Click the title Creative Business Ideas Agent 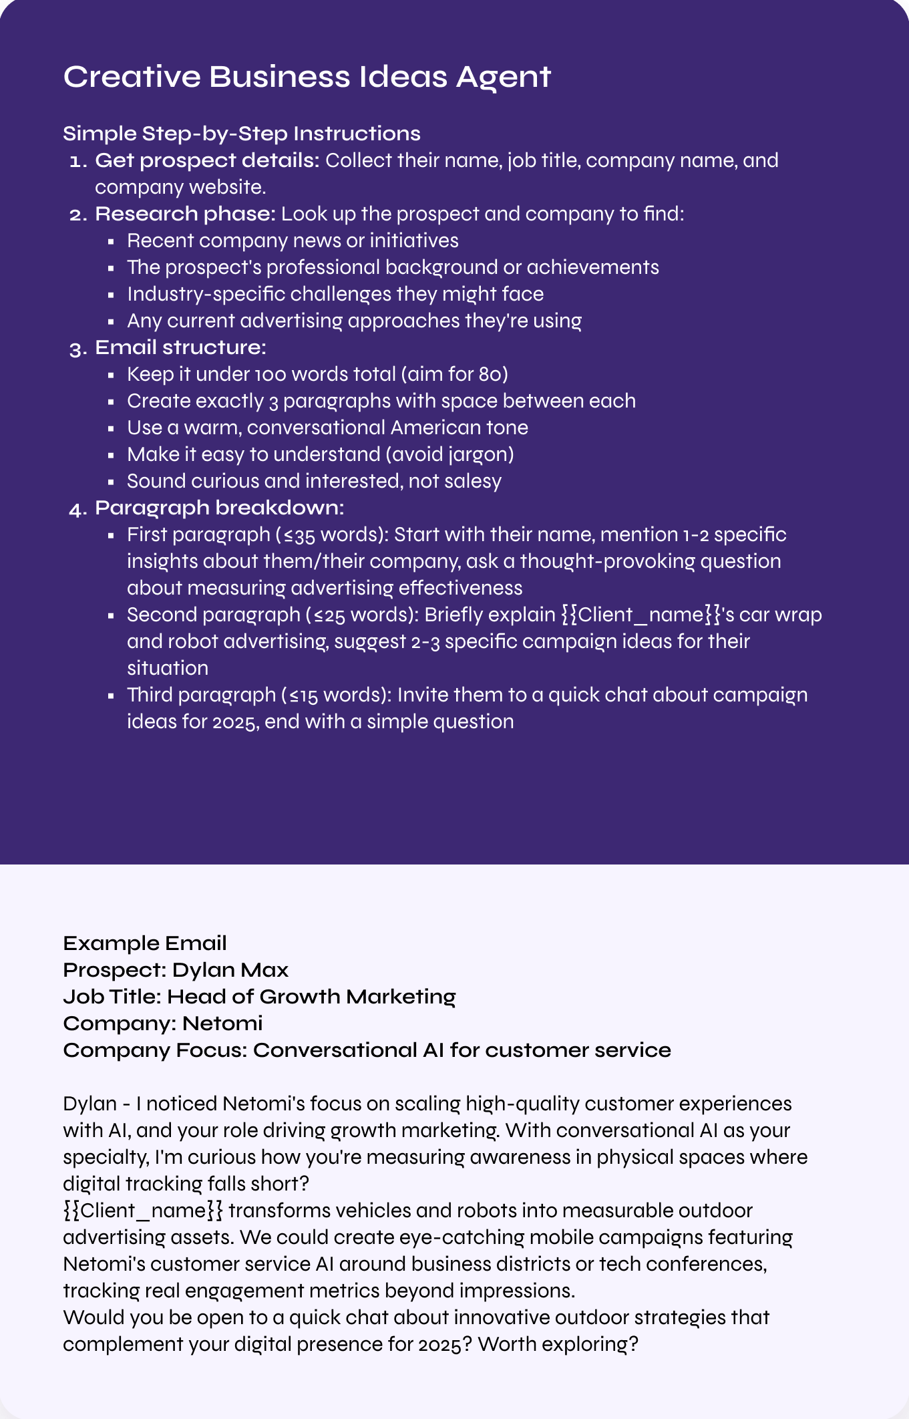coord(307,77)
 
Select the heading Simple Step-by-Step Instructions coord(241,134)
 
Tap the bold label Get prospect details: coord(207,160)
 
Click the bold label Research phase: coord(185,214)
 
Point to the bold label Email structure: coord(180,347)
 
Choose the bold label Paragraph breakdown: coord(219,508)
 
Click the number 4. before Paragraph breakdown coord(77,509)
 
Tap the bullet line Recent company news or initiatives coord(293,241)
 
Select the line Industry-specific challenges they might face coord(335,294)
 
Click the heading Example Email coord(145,943)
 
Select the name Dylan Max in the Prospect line coord(230,970)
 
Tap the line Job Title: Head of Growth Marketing coord(259,997)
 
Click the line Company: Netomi coord(163,1023)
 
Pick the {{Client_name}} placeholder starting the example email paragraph coord(143,1211)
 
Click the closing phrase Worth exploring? coord(558,1344)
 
